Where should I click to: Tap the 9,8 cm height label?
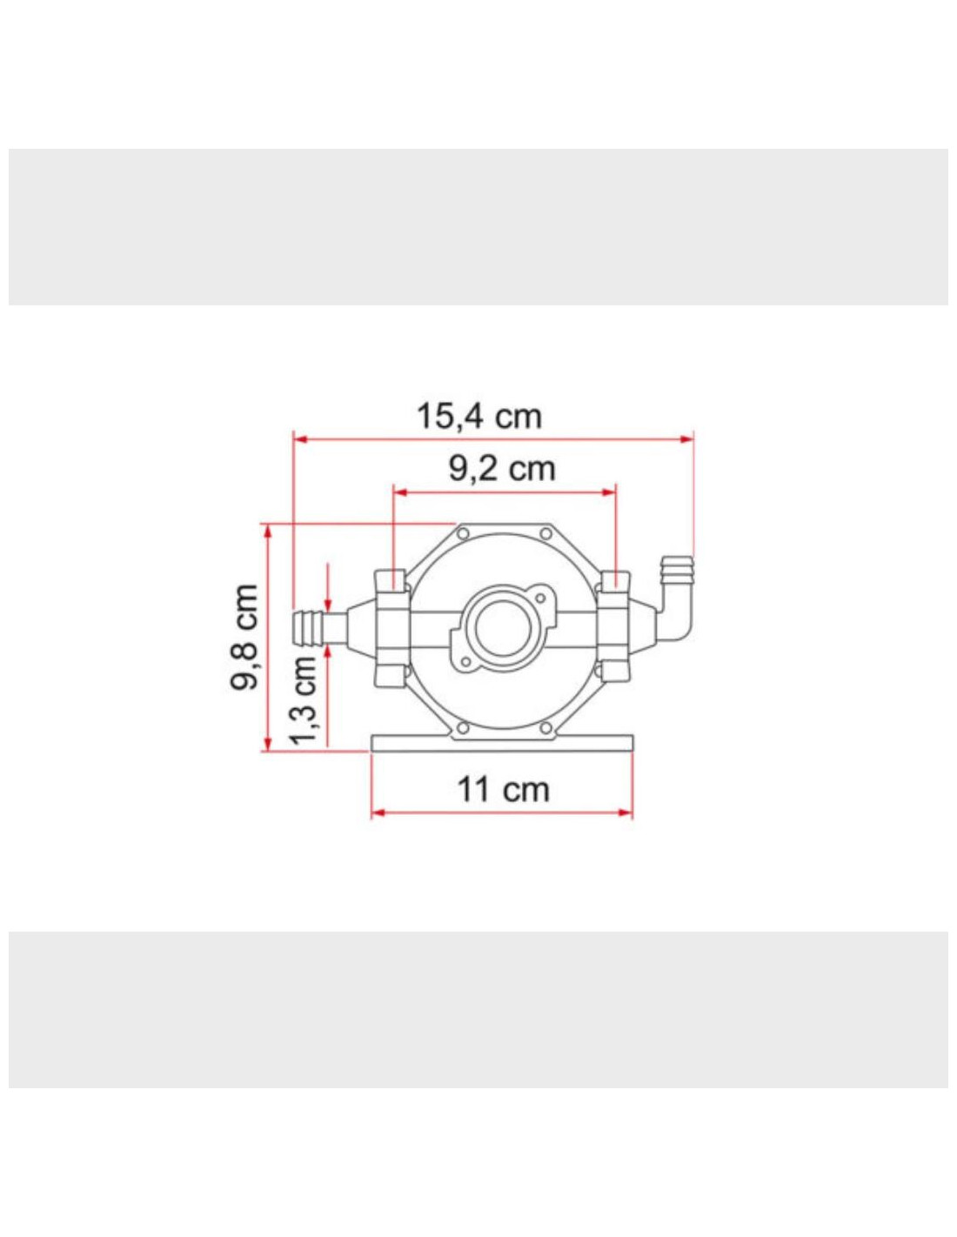(x=245, y=637)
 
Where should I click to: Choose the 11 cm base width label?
(x=503, y=790)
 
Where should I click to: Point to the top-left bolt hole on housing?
(x=463, y=533)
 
